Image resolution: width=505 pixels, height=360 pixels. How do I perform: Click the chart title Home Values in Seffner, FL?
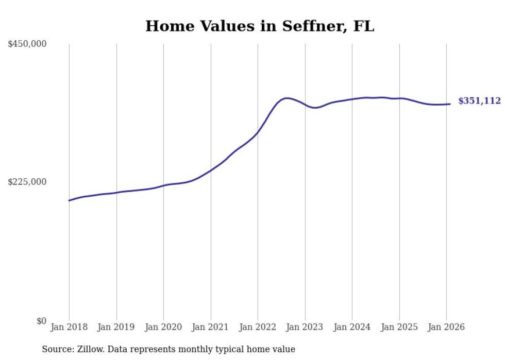click(260, 26)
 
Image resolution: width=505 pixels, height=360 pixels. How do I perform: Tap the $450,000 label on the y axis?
click(27, 44)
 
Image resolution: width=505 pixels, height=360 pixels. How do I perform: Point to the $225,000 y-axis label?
click(27, 182)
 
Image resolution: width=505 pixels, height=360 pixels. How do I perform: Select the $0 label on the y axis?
click(41, 321)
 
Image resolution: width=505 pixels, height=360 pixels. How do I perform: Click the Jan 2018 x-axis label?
click(69, 327)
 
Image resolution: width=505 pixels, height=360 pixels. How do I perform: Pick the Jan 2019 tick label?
click(116, 327)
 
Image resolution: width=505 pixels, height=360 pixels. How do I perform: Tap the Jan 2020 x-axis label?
click(163, 327)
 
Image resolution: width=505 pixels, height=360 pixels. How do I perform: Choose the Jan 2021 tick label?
click(211, 327)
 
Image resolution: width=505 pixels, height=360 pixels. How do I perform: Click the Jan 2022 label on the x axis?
click(258, 327)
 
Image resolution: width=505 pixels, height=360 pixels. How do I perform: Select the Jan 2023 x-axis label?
click(305, 327)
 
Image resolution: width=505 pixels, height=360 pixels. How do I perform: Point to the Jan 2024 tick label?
click(352, 327)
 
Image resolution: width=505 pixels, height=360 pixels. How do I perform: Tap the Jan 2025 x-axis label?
click(399, 327)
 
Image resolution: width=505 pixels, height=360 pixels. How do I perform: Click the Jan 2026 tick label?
click(446, 327)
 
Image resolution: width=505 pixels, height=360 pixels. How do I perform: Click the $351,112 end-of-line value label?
click(479, 101)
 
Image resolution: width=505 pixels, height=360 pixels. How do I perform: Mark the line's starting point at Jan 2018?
click(69, 200)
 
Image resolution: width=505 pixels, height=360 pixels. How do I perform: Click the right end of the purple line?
click(450, 104)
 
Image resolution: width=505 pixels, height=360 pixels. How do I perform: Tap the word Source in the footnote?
click(56, 349)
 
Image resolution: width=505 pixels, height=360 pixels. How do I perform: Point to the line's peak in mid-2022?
click(287, 98)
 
